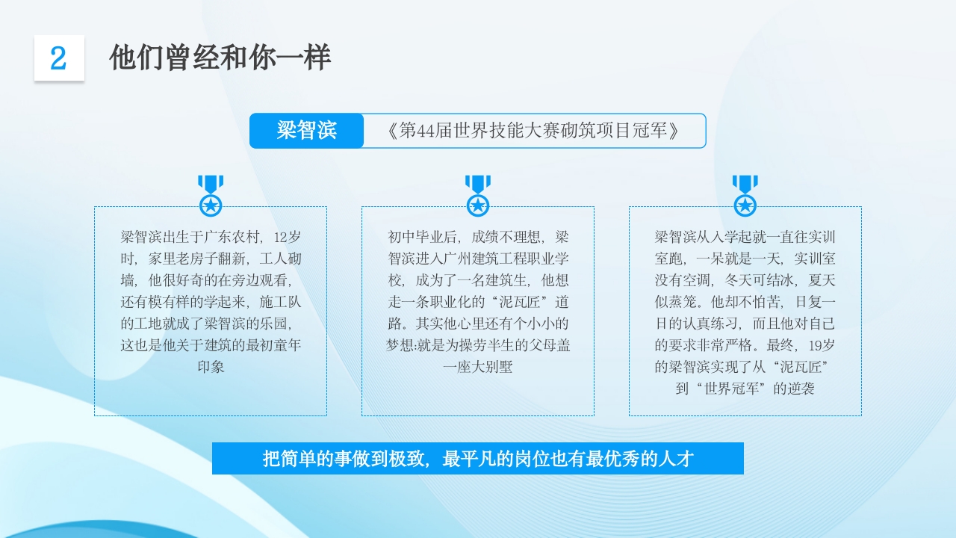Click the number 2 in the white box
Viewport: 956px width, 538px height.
tap(58, 58)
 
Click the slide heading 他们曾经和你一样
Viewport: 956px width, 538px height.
tap(220, 58)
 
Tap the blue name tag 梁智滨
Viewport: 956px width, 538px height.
tap(306, 131)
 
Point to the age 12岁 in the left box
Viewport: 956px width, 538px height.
tap(288, 238)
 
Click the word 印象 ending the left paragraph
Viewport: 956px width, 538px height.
tap(211, 367)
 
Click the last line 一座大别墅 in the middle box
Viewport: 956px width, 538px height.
tap(478, 367)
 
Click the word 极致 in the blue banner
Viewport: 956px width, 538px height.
tap(406, 459)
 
